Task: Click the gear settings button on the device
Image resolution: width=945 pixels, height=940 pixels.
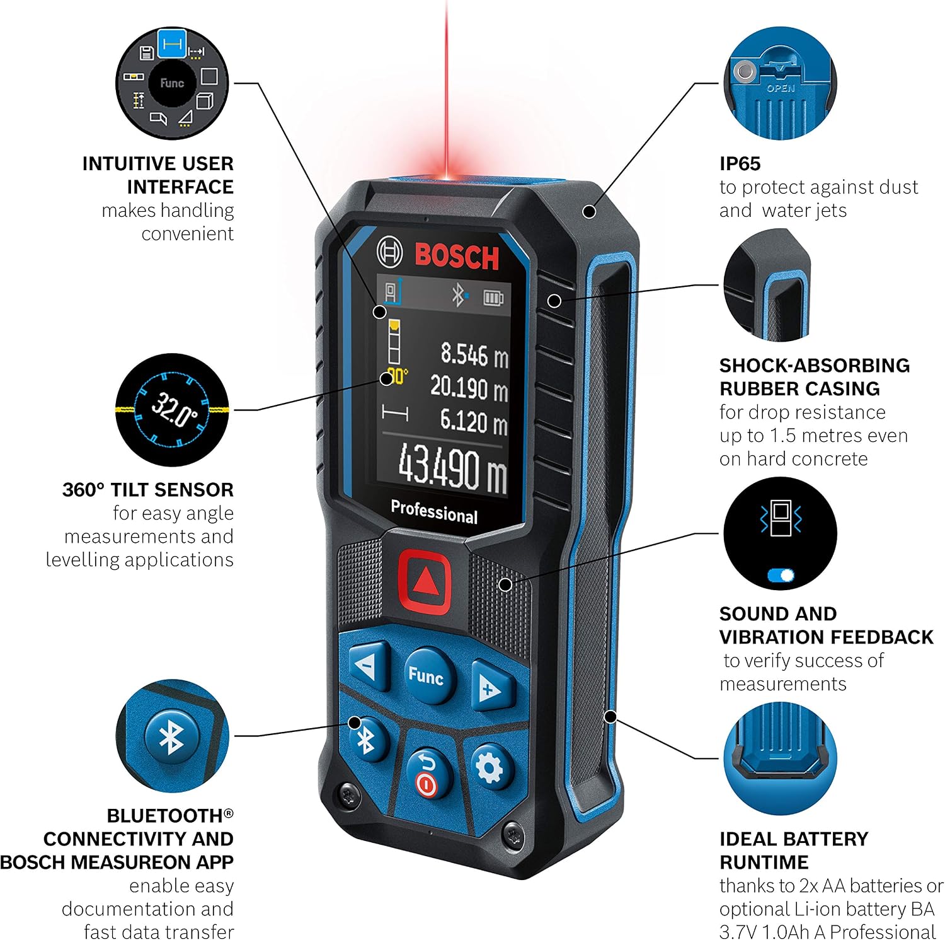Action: point(490,767)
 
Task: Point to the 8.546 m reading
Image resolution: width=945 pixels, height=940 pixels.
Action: point(474,355)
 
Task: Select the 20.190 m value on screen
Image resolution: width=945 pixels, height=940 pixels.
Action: point(469,387)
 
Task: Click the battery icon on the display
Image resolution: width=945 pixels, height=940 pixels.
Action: point(493,297)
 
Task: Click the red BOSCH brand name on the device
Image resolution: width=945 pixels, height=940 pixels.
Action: point(457,256)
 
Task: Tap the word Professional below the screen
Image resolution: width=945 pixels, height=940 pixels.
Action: point(434,511)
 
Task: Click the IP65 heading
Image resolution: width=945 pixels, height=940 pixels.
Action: point(740,163)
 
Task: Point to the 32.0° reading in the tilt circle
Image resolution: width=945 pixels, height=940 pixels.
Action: point(173,409)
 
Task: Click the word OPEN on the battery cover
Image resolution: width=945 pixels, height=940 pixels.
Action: point(781,88)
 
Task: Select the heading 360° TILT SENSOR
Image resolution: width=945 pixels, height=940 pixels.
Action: point(148,489)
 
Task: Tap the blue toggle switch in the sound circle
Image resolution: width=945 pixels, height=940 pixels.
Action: point(781,575)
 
